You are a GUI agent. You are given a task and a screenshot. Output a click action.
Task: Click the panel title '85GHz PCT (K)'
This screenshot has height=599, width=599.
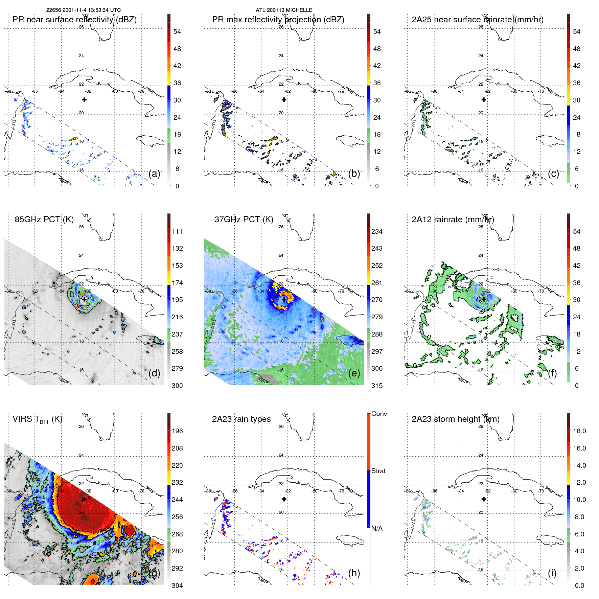(x=44, y=220)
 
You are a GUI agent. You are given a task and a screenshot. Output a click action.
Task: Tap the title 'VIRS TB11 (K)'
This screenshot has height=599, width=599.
(x=37, y=419)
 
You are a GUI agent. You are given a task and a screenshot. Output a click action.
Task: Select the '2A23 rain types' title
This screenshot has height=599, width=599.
(x=241, y=419)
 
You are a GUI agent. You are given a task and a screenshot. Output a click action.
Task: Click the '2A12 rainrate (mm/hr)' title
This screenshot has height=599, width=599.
(x=453, y=220)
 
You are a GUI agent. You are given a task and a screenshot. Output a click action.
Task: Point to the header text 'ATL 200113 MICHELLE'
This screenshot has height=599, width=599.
(x=284, y=10)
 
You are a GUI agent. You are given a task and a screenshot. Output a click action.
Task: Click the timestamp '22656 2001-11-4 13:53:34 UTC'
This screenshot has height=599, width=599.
(x=84, y=10)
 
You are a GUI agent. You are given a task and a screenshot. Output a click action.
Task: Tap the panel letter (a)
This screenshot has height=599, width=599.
(x=154, y=174)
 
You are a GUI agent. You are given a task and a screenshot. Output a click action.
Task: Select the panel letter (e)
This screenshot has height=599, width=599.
(x=354, y=373)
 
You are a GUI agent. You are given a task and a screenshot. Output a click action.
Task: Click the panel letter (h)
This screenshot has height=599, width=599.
(x=354, y=573)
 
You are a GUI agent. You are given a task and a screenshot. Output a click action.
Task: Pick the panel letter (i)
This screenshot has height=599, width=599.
(x=552, y=573)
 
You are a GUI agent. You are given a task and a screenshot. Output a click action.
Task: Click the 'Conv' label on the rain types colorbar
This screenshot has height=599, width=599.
(x=379, y=414)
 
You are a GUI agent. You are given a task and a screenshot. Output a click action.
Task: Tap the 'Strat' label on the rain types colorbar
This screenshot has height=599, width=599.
(x=378, y=471)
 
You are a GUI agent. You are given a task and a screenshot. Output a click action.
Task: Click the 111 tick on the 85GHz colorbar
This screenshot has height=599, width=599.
(x=177, y=231)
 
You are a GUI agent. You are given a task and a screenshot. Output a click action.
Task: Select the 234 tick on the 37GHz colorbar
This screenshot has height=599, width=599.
(x=377, y=231)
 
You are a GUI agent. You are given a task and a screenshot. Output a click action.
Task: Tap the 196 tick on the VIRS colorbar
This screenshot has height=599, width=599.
(x=177, y=431)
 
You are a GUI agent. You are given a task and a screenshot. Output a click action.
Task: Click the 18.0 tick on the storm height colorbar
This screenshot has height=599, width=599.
(x=579, y=431)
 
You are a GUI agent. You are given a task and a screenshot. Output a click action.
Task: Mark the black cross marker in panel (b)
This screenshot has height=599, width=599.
(x=284, y=99)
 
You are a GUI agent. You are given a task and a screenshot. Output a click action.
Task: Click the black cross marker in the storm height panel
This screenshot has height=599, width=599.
(x=484, y=499)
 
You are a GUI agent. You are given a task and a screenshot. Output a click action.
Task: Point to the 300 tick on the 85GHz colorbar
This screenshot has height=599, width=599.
(x=177, y=386)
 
